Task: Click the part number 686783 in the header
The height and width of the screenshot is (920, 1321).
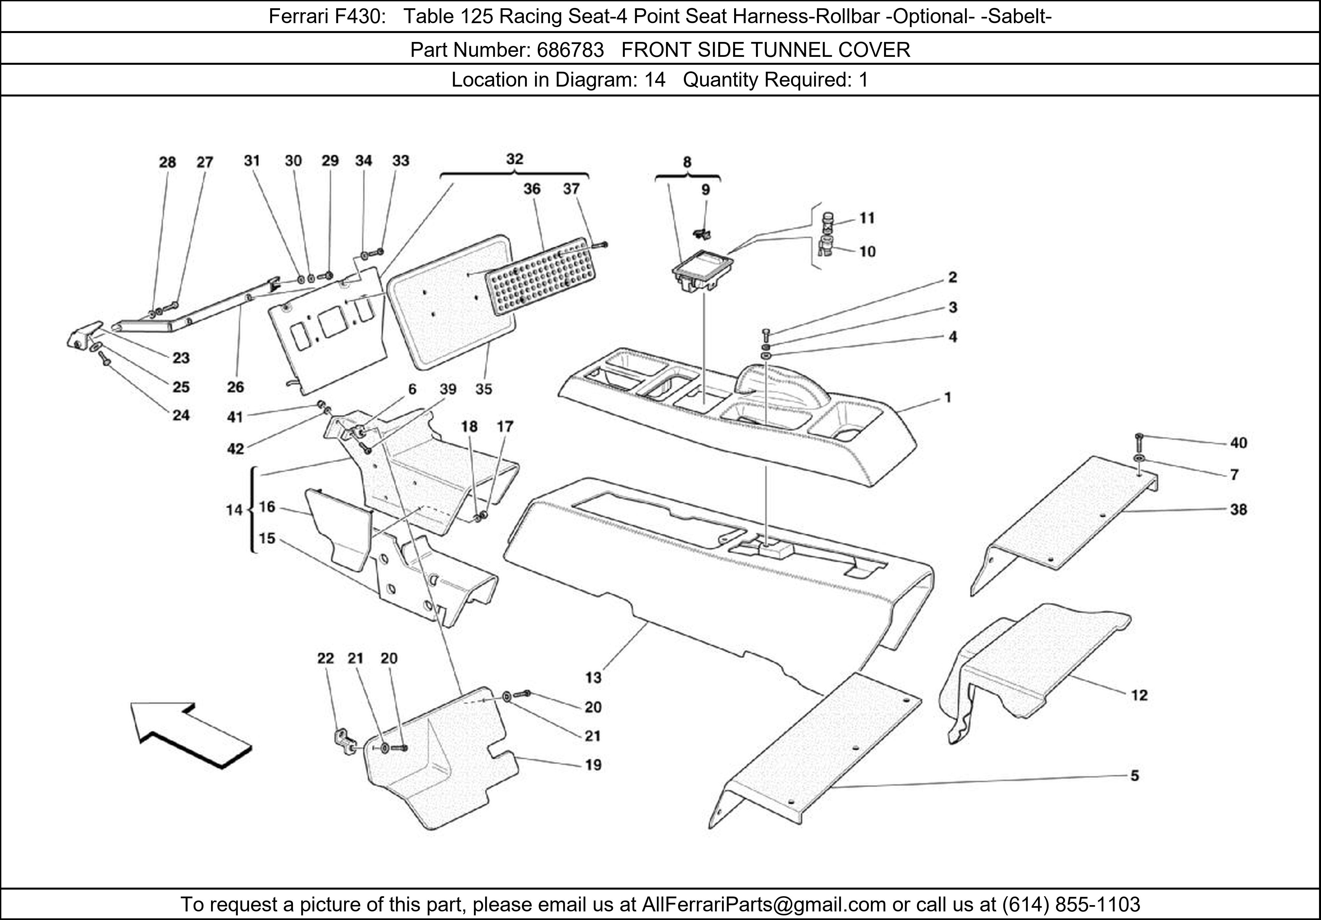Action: [x=570, y=50]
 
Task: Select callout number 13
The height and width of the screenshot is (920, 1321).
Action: [x=593, y=678]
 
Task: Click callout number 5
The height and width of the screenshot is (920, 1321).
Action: [x=1135, y=776]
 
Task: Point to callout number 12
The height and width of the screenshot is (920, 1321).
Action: [x=1139, y=696]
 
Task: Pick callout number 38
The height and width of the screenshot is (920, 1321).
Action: [x=1238, y=510]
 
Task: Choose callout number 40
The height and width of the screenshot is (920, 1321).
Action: [x=1238, y=443]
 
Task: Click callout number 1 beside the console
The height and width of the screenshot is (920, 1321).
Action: [x=947, y=397]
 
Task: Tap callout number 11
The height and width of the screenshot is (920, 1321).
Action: [x=867, y=218]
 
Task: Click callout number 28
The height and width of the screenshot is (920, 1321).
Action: [x=167, y=162]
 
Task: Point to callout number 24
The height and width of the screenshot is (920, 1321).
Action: [x=181, y=415]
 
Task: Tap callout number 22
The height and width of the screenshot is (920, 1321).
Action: [x=326, y=658]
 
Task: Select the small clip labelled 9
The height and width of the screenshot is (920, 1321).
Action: [x=701, y=233]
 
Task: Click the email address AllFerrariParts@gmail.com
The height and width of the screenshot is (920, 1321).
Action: [x=764, y=904]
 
